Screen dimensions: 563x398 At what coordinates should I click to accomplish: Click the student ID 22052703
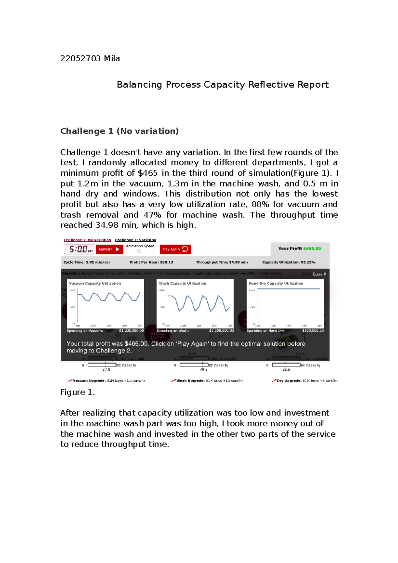click(80, 59)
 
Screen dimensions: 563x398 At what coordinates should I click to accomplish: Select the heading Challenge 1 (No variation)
click(119, 131)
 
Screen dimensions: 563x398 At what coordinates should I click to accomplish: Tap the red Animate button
click(109, 249)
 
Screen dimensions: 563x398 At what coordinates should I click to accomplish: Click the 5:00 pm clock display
click(79, 249)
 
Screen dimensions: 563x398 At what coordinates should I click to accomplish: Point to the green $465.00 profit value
click(312, 249)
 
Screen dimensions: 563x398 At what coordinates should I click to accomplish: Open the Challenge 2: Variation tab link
click(135, 240)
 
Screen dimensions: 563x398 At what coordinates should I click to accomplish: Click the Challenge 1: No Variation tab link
click(87, 240)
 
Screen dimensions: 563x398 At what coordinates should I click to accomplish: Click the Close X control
click(319, 274)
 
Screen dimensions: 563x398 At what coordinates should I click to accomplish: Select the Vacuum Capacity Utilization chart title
click(95, 283)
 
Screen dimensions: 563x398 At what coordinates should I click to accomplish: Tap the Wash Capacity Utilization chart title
click(182, 283)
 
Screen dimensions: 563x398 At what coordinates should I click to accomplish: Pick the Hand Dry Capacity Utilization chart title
click(276, 283)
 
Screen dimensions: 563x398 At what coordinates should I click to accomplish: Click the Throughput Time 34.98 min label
click(222, 262)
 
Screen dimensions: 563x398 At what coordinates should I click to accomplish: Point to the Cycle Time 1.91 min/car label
click(87, 262)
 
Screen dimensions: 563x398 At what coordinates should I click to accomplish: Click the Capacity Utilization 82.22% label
click(289, 262)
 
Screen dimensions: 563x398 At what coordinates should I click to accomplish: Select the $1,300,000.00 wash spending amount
click(221, 331)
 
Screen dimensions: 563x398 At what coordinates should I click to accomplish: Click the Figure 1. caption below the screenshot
click(78, 393)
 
